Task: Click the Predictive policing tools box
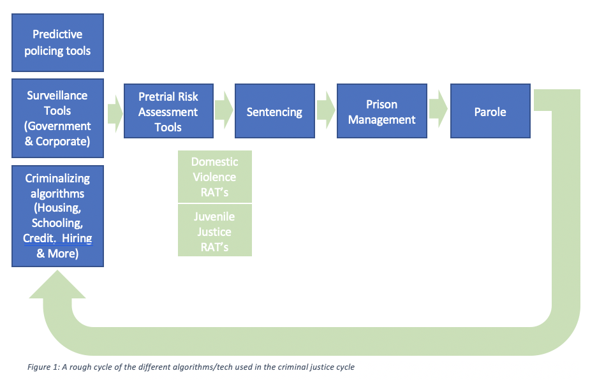pyautogui.click(x=57, y=43)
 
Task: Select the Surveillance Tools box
pyautogui.click(x=57, y=118)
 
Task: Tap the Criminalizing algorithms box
pyautogui.click(x=57, y=216)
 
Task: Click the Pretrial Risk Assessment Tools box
pyautogui.click(x=168, y=111)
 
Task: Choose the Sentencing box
pyautogui.click(x=274, y=111)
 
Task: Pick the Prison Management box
pyautogui.click(x=382, y=111)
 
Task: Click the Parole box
pyautogui.click(x=490, y=111)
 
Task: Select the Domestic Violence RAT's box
pyautogui.click(x=215, y=177)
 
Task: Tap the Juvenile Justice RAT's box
pyautogui.click(x=215, y=230)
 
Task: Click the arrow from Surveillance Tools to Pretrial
pyautogui.click(x=115, y=113)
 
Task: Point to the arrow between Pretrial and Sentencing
pyautogui.click(x=224, y=110)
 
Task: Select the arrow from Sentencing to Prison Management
pyautogui.click(x=326, y=110)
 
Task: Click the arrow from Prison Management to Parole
pyautogui.click(x=438, y=109)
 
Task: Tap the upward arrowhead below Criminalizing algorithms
pyautogui.click(x=57, y=285)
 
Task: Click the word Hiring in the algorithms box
pyautogui.click(x=77, y=238)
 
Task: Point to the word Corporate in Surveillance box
pyautogui.click(x=63, y=142)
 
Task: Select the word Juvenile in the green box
pyautogui.click(x=214, y=217)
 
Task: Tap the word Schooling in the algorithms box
pyautogui.click(x=57, y=223)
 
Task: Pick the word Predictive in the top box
pyautogui.click(x=57, y=34)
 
